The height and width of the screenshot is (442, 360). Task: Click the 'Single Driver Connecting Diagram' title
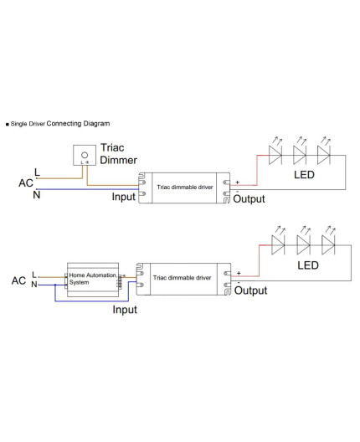click(x=59, y=123)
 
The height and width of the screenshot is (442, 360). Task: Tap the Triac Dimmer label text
click(x=119, y=153)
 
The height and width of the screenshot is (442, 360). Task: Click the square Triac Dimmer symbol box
click(x=84, y=156)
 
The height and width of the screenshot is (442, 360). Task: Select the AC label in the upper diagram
click(x=26, y=182)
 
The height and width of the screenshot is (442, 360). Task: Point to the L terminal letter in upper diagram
click(x=36, y=172)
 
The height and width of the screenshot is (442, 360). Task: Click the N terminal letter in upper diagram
click(x=36, y=194)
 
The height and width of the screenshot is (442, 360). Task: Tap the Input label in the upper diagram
click(x=124, y=198)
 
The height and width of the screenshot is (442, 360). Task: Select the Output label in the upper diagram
click(x=249, y=198)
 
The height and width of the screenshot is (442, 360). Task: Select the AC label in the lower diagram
click(x=18, y=280)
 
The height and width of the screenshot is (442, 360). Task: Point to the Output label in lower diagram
click(x=251, y=290)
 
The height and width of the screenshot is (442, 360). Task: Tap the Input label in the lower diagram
click(x=126, y=309)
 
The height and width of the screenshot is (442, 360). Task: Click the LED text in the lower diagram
click(x=308, y=265)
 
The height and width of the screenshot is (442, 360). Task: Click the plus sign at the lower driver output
click(x=239, y=272)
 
